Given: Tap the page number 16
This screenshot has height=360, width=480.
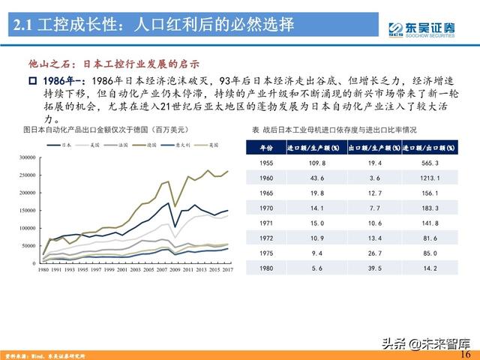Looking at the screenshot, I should pos(466,353).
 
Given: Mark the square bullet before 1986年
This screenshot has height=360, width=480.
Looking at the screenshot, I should pos(32,80).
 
